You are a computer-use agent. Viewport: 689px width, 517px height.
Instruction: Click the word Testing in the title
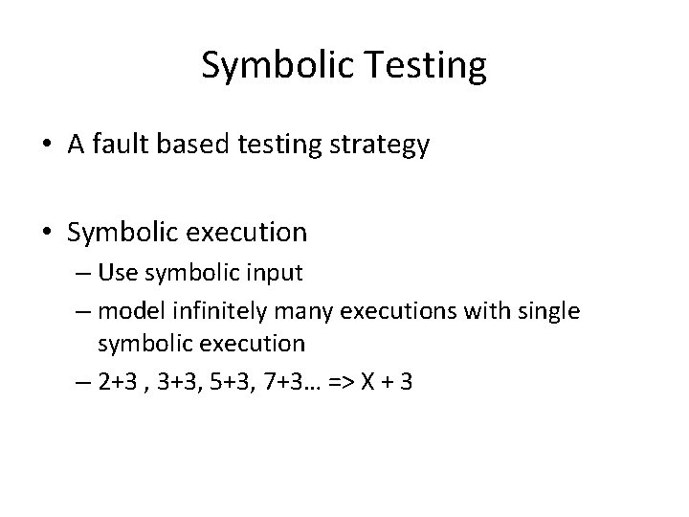click(425, 66)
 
